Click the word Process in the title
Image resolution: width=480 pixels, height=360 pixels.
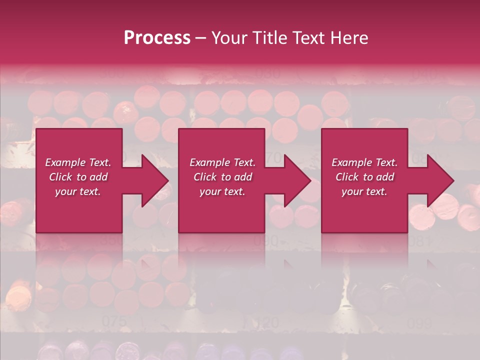[157, 38]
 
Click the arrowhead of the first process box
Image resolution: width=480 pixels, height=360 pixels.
[153, 180]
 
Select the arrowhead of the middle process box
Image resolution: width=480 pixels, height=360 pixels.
[295, 180]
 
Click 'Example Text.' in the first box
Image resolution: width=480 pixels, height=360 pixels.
[78, 162]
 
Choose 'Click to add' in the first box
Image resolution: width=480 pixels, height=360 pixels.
[78, 177]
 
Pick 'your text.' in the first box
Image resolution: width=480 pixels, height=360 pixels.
[78, 191]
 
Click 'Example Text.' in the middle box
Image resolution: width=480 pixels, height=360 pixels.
[222, 162]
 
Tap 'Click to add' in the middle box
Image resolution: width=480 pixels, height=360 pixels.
[222, 177]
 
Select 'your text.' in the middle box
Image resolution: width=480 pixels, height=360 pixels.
[222, 191]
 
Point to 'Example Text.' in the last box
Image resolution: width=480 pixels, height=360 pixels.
[364, 162]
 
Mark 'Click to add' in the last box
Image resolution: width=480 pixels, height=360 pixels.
[364, 177]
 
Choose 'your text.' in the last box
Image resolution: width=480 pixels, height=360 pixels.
[364, 191]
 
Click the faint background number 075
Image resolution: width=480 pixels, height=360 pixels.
[114, 321]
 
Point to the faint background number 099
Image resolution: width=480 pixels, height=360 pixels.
[419, 323]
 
